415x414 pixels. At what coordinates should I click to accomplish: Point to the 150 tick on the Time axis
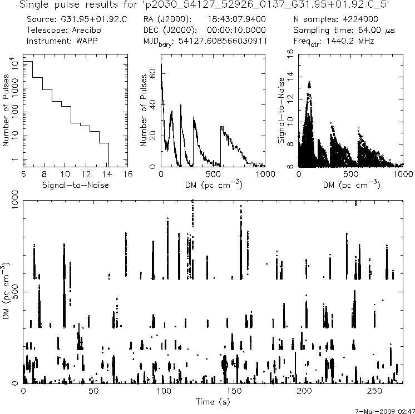234,391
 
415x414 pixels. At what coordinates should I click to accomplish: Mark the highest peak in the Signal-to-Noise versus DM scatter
309,83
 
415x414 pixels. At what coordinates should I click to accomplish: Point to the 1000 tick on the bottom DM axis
16,203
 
